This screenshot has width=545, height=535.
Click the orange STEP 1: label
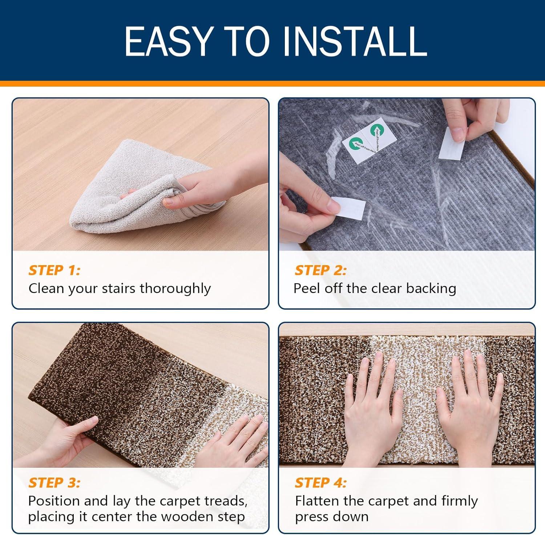[x=54, y=270]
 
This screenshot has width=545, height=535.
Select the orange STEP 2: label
[x=321, y=270]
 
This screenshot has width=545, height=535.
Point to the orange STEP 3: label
[x=54, y=483]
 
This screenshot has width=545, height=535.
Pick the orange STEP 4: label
[x=321, y=483]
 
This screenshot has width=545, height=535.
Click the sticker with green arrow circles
[x=363, y=140]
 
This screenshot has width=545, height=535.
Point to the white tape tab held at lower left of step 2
[x=348, y=208]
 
